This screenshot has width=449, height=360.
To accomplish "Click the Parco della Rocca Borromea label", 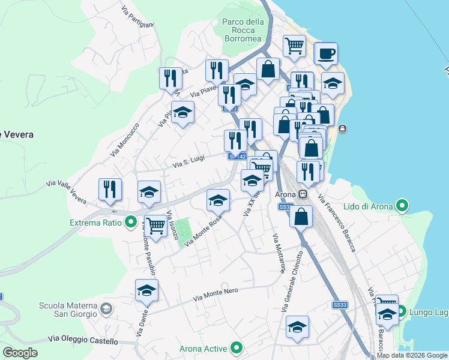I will point(243,30).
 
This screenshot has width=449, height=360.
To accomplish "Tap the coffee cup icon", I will point(327,53).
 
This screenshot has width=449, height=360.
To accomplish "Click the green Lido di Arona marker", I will point(402,206).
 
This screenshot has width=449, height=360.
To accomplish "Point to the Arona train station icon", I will point(304,194).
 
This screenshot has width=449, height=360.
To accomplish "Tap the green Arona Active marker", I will point(237,348).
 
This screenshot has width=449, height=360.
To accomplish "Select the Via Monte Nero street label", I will point(216,294).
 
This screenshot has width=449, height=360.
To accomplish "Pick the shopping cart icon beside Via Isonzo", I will point(155,226).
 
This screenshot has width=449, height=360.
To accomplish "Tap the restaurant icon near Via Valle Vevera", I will point(110,189).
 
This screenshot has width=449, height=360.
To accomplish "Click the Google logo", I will point(20,353).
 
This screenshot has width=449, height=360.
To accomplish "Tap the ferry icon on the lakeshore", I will point(342,128).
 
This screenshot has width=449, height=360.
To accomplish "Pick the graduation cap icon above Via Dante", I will point(146,290).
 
